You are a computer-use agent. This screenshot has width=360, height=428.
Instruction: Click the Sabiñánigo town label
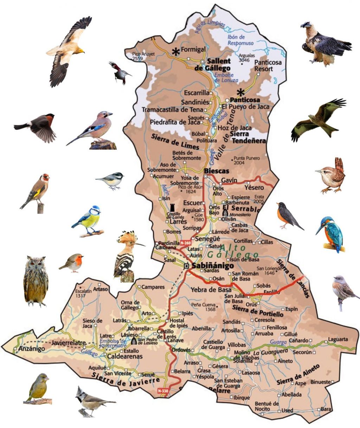coord(208,266)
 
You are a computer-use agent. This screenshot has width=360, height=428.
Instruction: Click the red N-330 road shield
coord(163,391)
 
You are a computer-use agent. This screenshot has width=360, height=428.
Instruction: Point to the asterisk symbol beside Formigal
coord(175,52)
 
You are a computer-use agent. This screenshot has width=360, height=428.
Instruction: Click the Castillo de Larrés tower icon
coord(173,207)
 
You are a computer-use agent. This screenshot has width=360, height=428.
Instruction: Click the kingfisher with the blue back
coord(331,234)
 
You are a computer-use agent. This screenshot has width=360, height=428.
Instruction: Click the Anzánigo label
coord(32,349)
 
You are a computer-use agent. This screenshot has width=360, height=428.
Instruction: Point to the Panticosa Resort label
coord(268,65)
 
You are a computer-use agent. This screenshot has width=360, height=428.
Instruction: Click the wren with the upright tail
coord(331,176)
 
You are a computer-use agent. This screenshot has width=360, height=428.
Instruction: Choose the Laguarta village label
coord(337,339)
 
